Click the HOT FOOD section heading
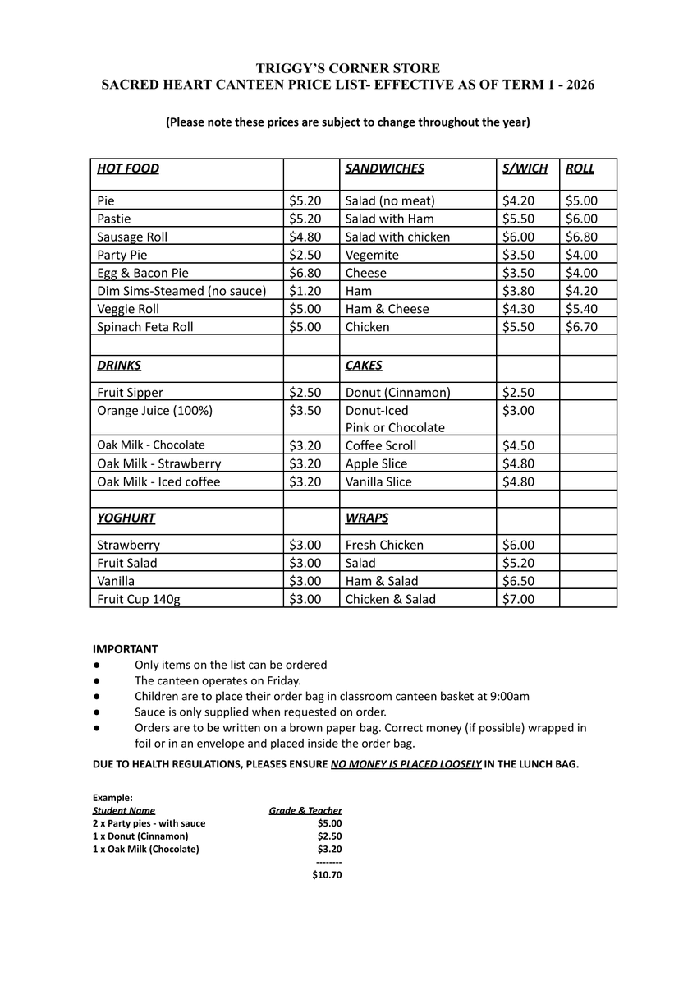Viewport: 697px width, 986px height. point(128,168)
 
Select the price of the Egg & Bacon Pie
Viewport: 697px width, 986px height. point(305,273)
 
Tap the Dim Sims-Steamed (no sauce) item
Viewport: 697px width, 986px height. point(181,291)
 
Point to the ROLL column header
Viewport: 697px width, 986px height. point(580,168)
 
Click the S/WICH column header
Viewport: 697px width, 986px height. point(525,168)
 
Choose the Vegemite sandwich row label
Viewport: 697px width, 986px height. point(372,255)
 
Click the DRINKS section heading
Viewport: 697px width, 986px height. point(119,366)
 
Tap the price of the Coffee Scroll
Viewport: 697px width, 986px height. point(518,445)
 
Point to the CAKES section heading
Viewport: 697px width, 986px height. point(364,366)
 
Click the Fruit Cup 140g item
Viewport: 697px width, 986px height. point(139,599)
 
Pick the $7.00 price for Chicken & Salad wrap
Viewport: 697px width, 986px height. point(518,599)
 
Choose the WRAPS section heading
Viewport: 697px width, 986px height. point(367,518)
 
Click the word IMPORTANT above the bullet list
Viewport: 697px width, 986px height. point(125,649)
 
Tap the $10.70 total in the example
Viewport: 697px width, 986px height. point(327,875)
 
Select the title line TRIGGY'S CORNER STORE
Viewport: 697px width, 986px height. point(348,68)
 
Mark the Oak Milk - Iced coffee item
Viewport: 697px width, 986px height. point(158,481)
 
